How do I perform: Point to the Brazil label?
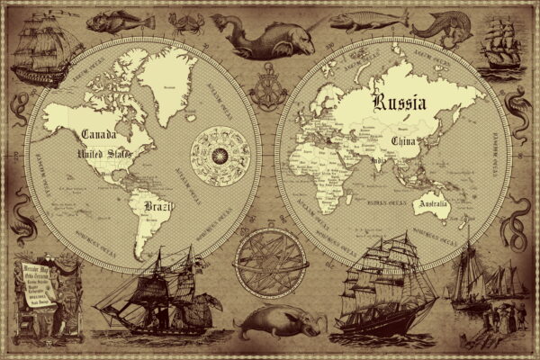158,207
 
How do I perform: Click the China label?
403,141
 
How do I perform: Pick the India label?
380,163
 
